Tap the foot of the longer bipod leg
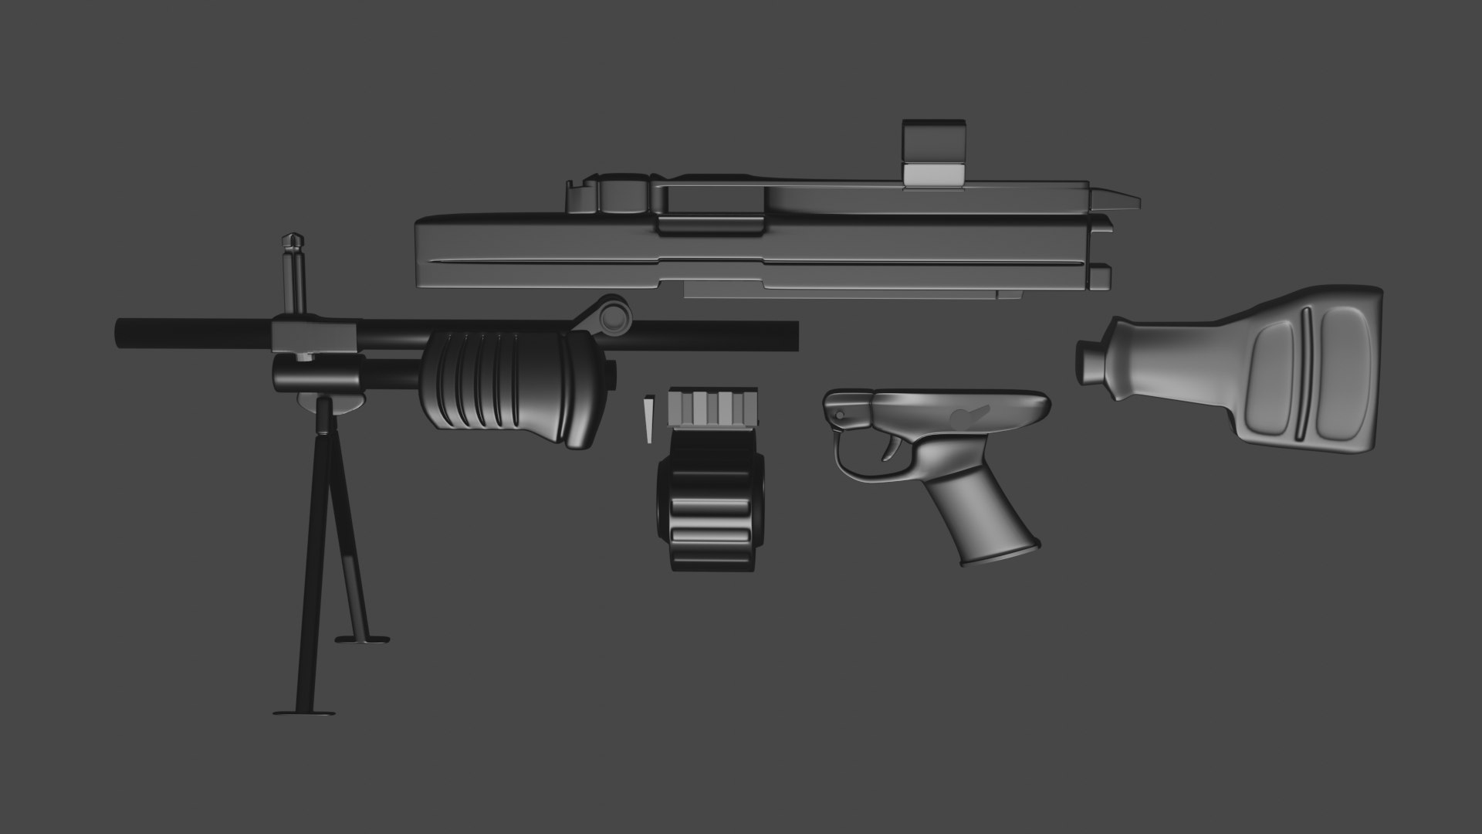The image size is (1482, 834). point(305,711)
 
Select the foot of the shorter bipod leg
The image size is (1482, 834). point(361,617)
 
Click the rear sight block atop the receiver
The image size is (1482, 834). point(933,154)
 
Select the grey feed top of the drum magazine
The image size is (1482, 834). point(712,405)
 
